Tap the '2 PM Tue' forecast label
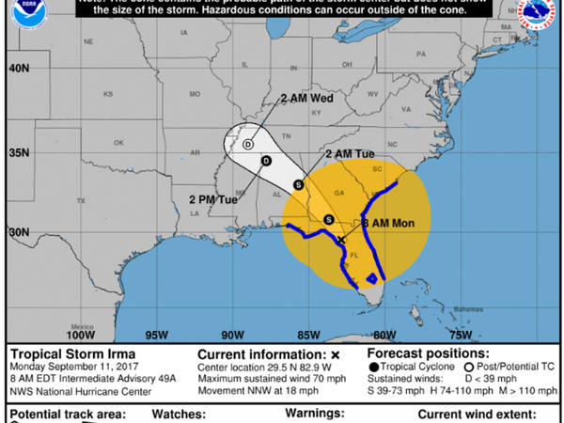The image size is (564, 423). pos(212,199)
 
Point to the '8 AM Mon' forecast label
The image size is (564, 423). pos(394,223)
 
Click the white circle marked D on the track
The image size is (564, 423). pos(248,145)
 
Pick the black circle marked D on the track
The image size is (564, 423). pos(266,162)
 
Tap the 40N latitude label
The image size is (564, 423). pos(20,69)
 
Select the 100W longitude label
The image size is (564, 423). pos(83,333)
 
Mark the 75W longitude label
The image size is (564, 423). pos(460,333)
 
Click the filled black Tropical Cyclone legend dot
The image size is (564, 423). pos(375,367)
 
